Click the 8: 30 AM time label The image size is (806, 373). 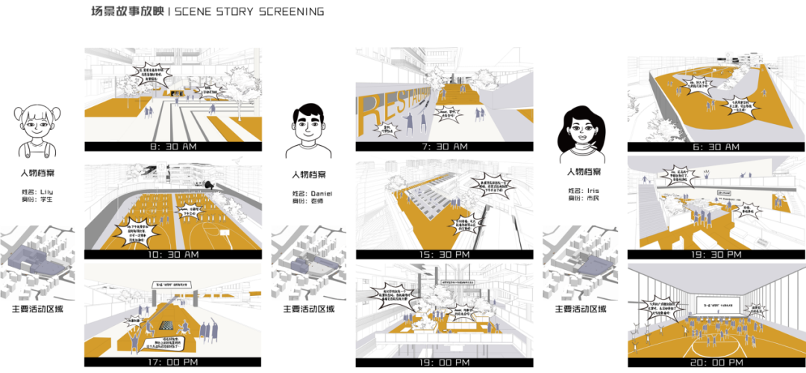(173, 147)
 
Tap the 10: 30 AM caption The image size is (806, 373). (173, 255)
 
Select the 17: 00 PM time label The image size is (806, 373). (173, 363)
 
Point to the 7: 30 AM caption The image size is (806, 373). (444, 147)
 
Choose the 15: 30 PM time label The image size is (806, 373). (444, 255)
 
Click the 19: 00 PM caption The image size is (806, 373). (444, 363)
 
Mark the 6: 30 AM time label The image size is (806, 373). (716, 147)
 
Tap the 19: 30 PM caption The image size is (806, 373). (716, 255)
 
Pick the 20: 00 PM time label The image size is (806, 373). (716, 363)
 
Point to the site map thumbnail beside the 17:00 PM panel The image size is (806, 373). (37, 263)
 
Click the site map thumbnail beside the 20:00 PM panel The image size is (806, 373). (579, 263)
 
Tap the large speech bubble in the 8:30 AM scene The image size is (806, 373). (151, 73)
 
